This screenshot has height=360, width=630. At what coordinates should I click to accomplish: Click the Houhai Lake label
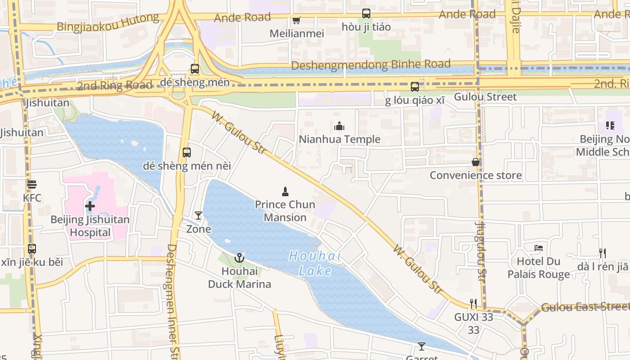pyautogui.click(x=315, y=263)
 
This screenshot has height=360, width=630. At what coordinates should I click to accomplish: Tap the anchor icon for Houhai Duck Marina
pyautogui.click(x=239, y=258)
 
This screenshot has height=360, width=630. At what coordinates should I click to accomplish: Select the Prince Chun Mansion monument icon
pyautogui.click(x=285, y=192)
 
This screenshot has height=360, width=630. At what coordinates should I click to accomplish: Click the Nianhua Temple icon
pyautogui.click(x=339, y=126)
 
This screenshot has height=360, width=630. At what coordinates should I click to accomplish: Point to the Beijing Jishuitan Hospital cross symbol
pyautogui.click(x=90, y=207)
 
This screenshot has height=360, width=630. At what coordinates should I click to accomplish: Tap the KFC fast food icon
pyautogui.click(x=31, y=184)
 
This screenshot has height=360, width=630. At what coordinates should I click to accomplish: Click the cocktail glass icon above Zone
pyautogui.click(x=198, y=216)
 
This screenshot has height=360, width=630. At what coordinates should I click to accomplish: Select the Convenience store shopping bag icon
pyautogui.click(x=476, y=162)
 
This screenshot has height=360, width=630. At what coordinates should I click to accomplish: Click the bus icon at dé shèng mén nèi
pyautogui.click(x=187, y=153)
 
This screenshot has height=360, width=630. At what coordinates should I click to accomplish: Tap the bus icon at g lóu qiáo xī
pyautogui.click(x=415, y=86)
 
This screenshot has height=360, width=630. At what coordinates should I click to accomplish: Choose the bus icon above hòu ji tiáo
pyautogui.click(x=366, y=13)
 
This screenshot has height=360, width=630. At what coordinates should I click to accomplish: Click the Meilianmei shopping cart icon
pyautogui.click(x=296, y=20)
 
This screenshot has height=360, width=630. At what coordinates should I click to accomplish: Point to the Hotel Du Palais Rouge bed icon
pyautogui.click(x=538, y=248)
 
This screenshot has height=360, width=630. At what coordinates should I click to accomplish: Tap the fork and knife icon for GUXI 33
pyautogui.click(x=473, y=304)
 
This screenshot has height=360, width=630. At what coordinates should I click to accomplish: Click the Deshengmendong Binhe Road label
pyautogui.click(x=370, y=65)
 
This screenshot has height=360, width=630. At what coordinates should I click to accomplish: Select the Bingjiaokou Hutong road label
pyautogui.click(x=108, y=22)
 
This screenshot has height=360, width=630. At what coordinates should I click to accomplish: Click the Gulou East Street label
pyautogui.click(x=585, y=307)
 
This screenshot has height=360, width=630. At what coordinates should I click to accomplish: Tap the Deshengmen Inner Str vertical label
pyautogui.click(x=173, y=301)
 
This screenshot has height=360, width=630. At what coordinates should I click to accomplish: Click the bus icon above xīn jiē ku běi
pyautogui.click(x=31, y=249)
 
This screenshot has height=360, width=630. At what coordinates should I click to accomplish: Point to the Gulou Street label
pyautogui.click(x=485, y=97)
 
